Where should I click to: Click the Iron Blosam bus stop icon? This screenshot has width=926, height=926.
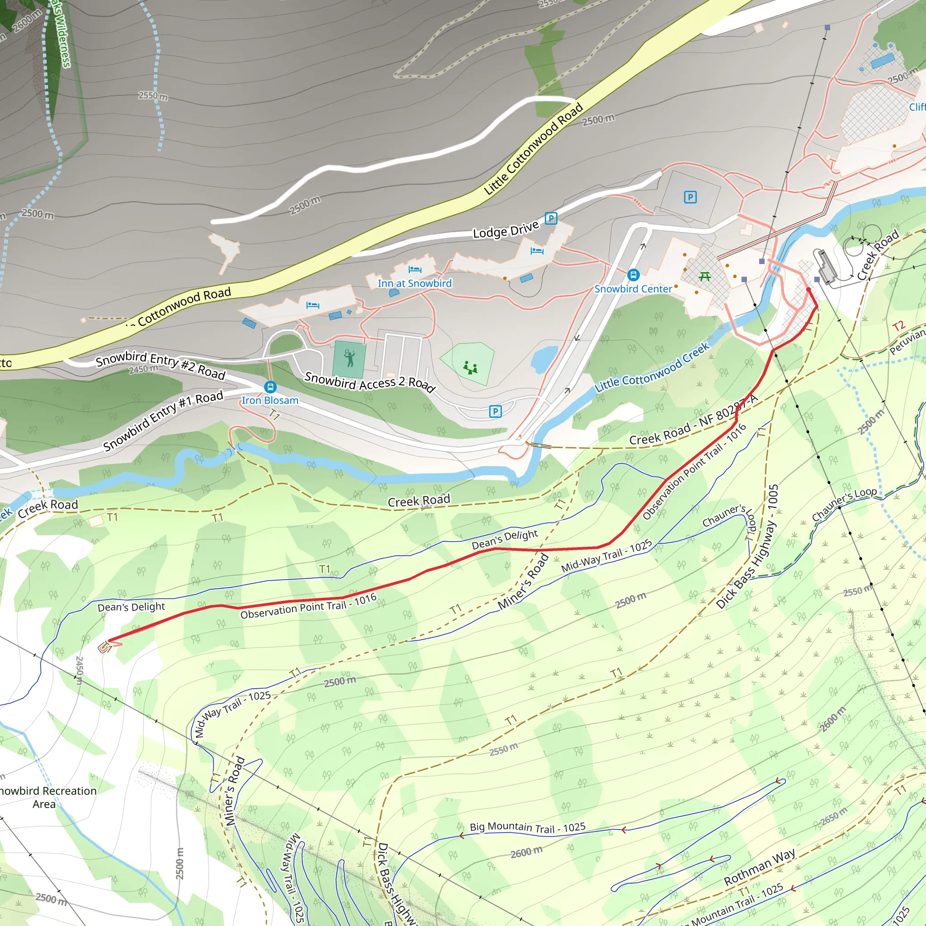(x=270, y=387)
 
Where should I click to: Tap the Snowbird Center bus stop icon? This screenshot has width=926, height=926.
(x=633, y=275)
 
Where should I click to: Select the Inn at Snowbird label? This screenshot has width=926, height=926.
(x=415, y=283)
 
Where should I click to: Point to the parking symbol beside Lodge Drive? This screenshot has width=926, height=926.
(x=551, y=218)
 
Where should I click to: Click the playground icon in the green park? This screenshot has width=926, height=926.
(x=470, y=368)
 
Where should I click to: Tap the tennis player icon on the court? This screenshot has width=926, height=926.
(x=350, y=358)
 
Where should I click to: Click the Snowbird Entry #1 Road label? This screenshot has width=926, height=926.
(x=163, y=421)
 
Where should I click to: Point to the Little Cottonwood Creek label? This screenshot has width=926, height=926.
(x=652, y=368)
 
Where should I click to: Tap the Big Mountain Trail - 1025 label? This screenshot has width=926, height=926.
(x=527, y=827)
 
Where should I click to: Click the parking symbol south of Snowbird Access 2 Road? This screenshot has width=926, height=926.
(x=496, y=411)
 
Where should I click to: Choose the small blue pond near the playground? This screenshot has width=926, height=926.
(x=543, y=359)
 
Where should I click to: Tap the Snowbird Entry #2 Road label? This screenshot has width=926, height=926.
(x=160, y=364)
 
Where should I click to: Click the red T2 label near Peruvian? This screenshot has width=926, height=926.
(x=898, y=326)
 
